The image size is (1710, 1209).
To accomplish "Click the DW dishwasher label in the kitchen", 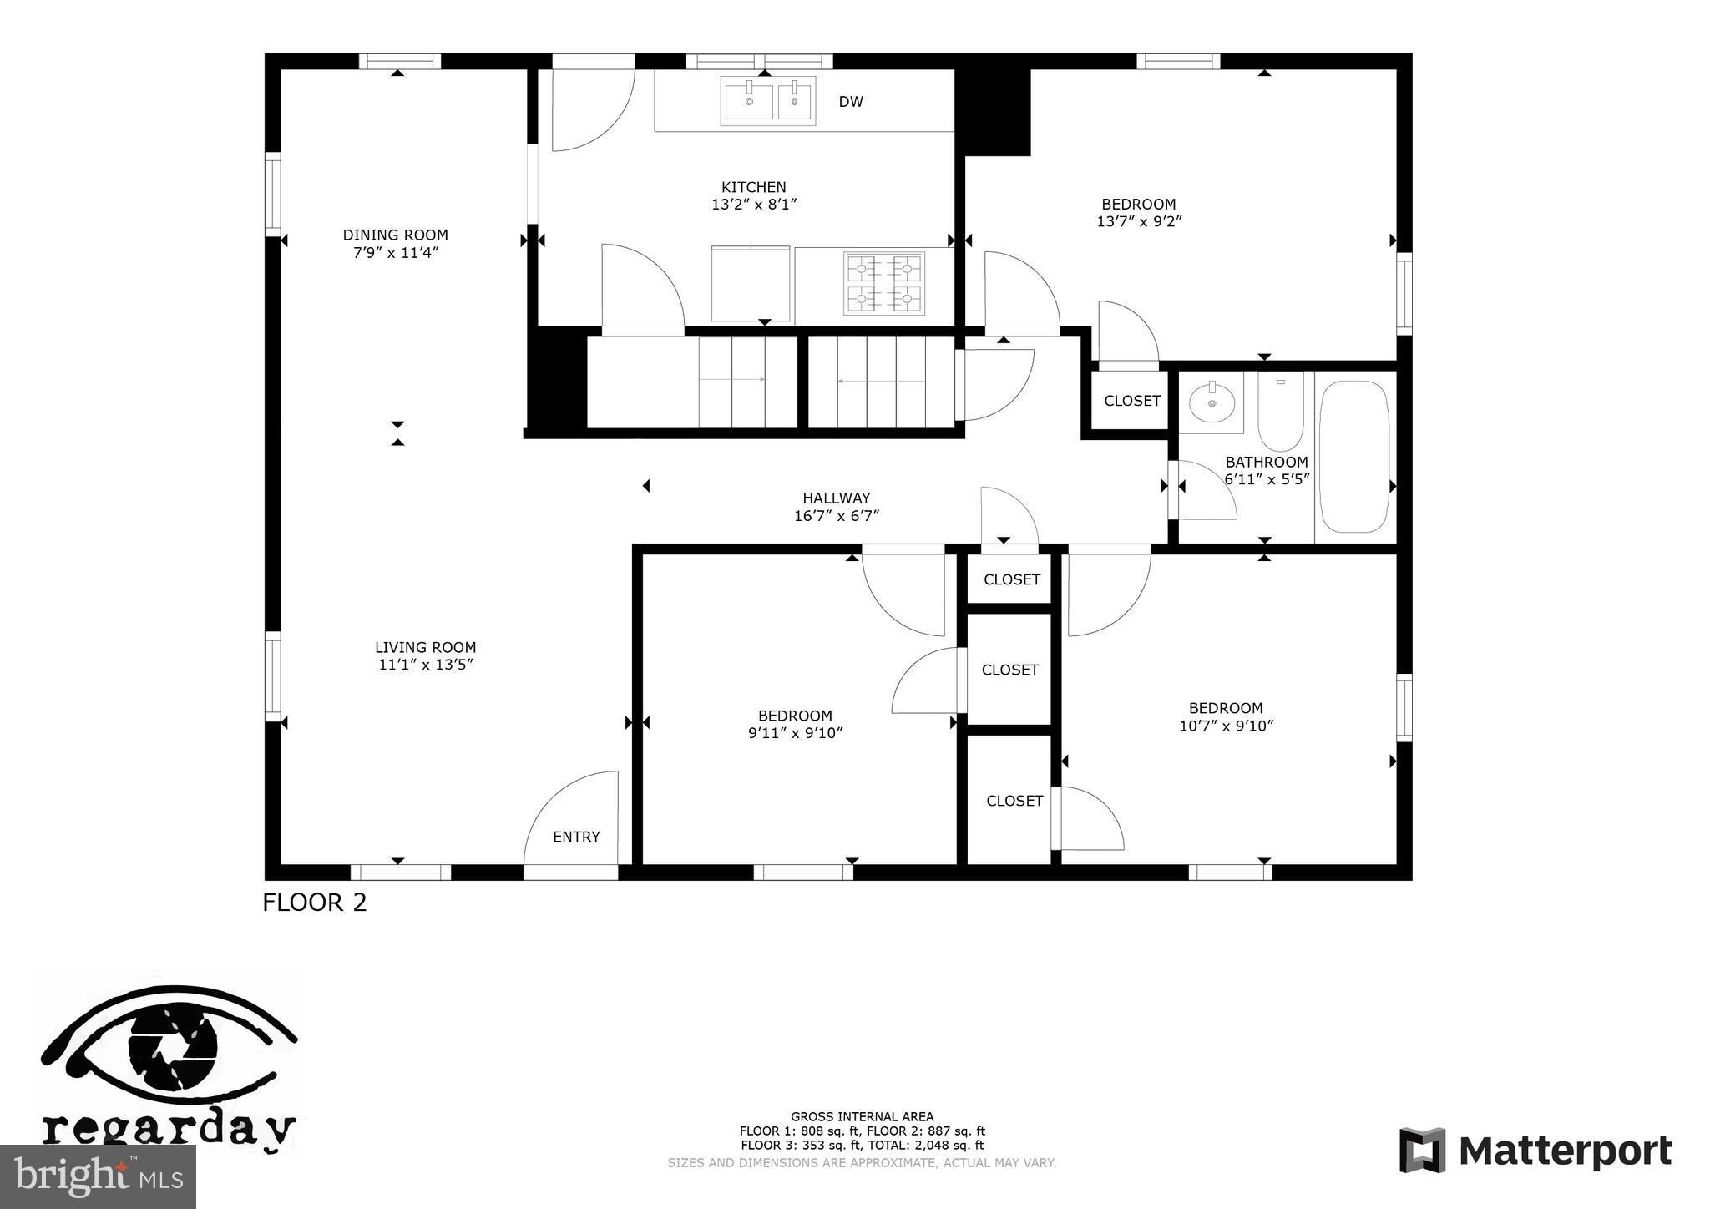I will (850, 102).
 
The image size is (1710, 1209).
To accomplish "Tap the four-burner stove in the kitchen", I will (885, 284).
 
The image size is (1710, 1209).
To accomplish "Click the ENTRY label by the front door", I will (576, 837).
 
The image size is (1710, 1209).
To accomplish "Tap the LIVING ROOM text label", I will (425, 647).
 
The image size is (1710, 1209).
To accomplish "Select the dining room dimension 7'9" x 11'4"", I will (396, 252).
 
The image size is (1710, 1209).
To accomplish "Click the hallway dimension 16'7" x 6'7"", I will (837, 516).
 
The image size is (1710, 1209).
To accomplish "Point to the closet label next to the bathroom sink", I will (1131, 401).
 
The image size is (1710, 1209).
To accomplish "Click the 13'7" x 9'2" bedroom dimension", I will (1139, 221).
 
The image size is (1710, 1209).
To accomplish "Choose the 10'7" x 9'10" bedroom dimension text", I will (1226, 726).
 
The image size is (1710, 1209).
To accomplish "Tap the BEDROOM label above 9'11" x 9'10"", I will (795, 716).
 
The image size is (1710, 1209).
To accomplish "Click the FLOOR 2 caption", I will (315, 903).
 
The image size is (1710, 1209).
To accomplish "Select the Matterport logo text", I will (1565, 1151).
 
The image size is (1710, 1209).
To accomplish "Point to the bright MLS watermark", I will (99, 1178).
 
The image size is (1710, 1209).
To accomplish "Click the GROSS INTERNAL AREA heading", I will (862, 1116).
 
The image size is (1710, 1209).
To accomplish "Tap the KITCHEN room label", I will (754, 187).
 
